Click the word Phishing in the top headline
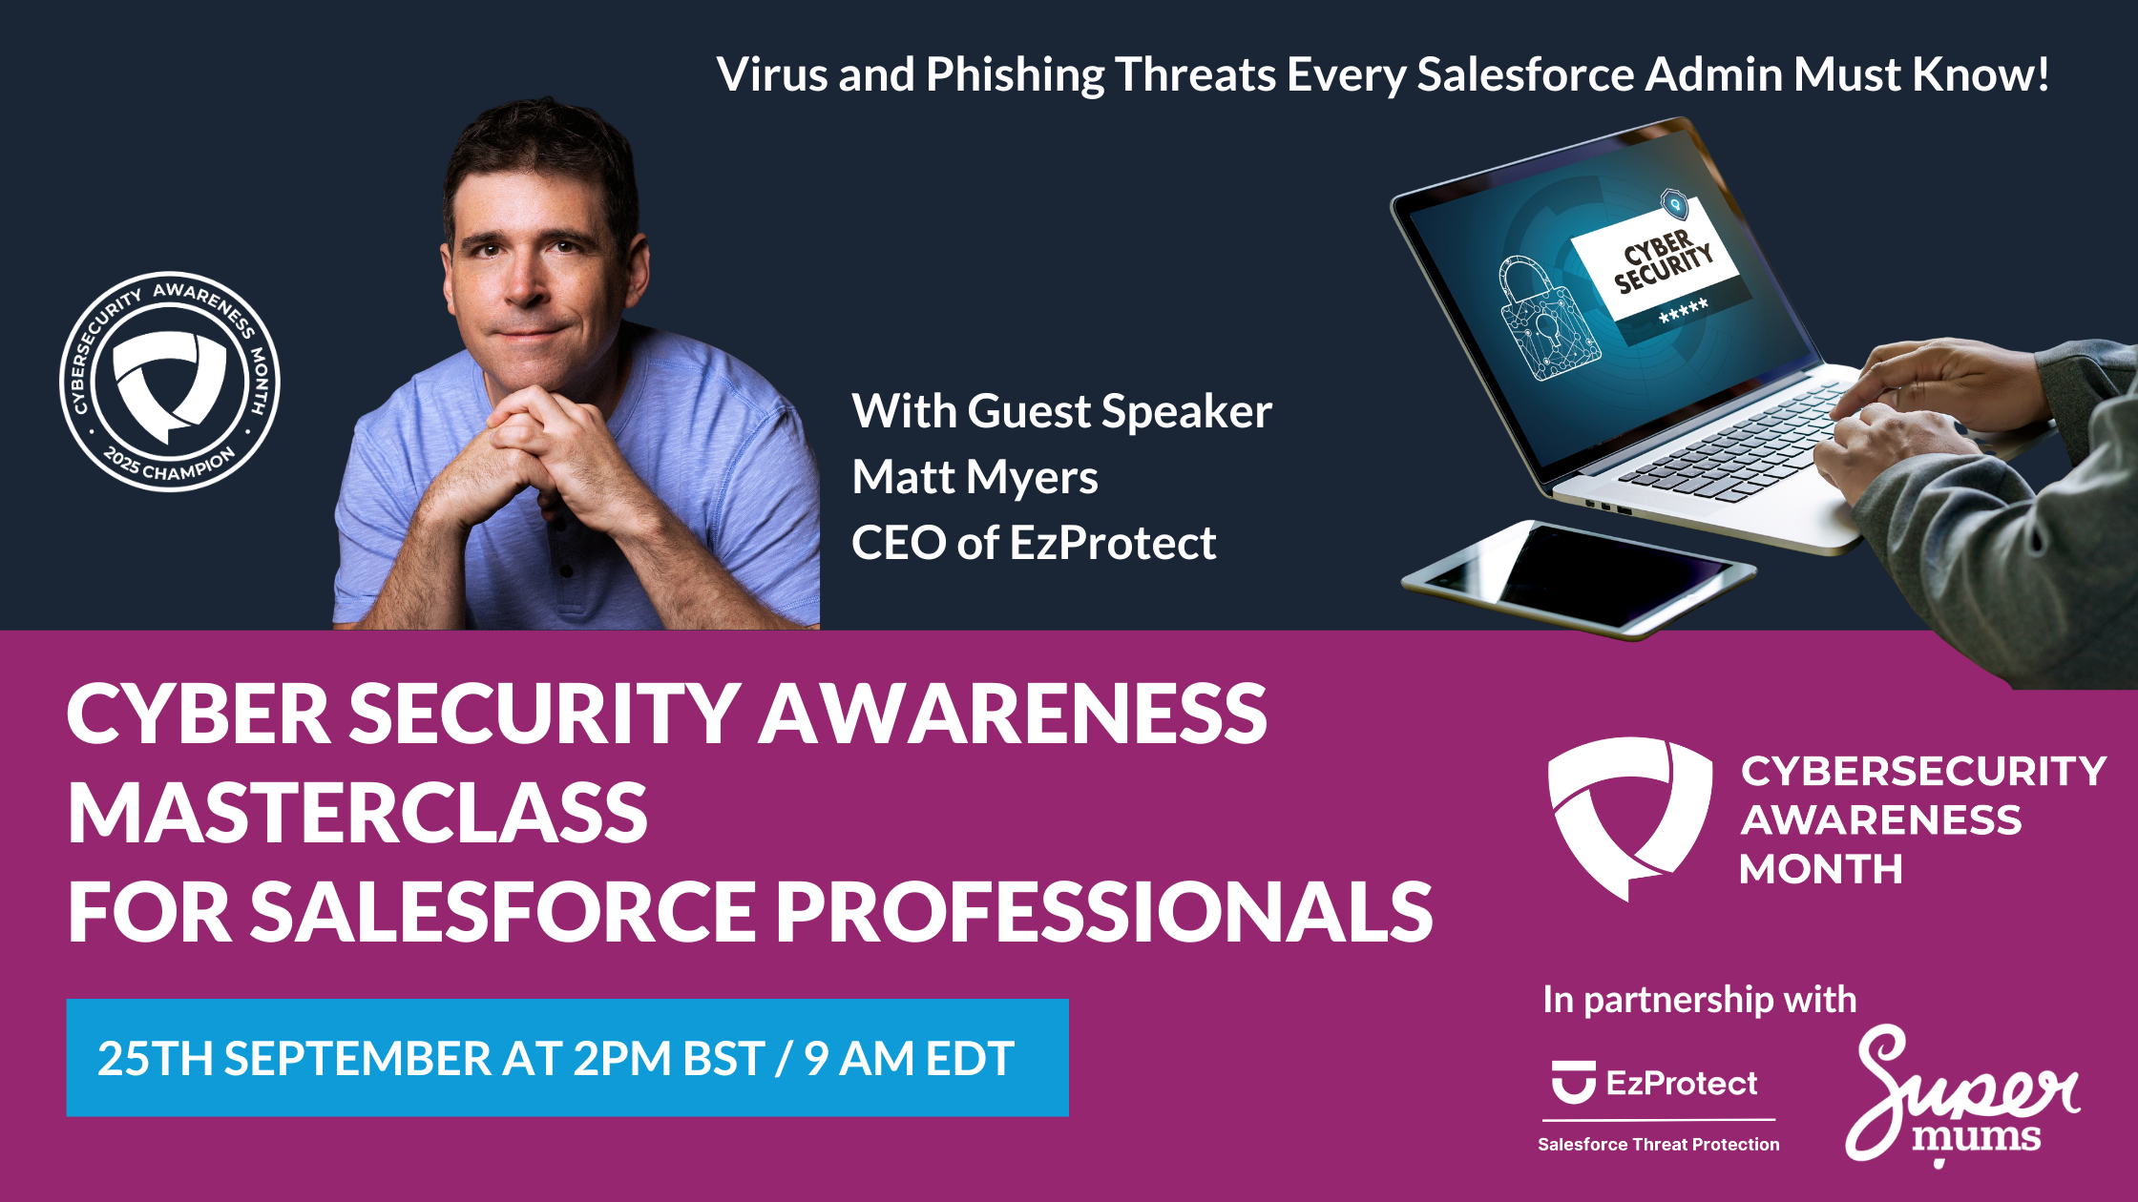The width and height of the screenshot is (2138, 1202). [x=1015, y=75]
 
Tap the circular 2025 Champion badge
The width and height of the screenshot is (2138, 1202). [x=170, y=382]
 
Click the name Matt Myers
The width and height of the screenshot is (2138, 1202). [x=975, y=477]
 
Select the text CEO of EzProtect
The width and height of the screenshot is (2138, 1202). [x=1034, y=543]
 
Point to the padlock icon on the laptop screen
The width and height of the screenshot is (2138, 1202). [x=1543, y=321]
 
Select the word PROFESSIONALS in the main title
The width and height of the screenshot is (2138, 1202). [x=1103, y=911]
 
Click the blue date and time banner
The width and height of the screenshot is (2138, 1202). [x=567, y=1058]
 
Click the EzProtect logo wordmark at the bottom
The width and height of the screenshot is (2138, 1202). [x=1655, y=1083]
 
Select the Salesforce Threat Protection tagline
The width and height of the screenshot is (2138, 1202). [x=1659, y=1144]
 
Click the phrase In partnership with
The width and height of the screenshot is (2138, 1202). [x=1700, y=1000]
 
